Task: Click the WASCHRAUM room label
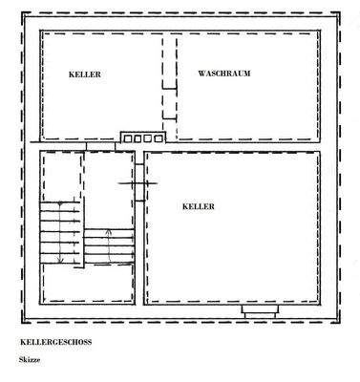223,74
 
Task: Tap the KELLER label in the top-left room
84,74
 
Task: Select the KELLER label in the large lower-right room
198,206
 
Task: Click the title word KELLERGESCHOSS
56,340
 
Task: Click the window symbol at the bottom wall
259,310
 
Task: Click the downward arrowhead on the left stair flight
61,260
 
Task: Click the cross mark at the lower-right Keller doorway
133,182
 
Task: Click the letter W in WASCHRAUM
201,74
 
